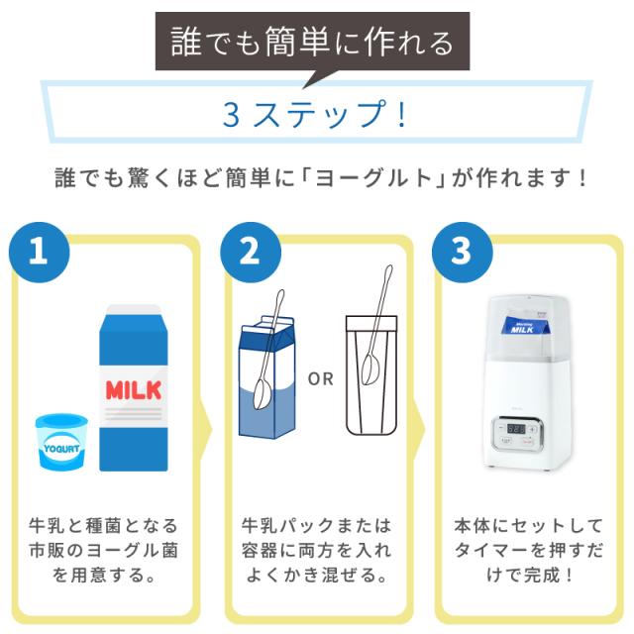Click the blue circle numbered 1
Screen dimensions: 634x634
point(40,252)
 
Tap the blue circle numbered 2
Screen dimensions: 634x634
point(251,252)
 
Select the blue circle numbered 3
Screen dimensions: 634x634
point(463,252)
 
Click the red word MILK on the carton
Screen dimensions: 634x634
point(134,390)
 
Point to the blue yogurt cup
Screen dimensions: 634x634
point(61,442)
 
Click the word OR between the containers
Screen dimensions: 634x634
point(321,379)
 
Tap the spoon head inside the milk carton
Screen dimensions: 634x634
point(263,394)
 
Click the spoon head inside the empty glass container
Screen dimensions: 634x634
point(370,369)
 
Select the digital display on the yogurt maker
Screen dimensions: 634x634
point(516,429)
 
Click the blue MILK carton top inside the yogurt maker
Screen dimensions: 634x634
point(524,326)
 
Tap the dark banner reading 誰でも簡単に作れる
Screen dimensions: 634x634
point(313,43)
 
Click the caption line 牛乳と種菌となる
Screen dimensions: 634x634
point(103,526)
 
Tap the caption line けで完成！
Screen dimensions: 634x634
point(529,575)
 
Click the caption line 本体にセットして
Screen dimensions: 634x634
point(528,526)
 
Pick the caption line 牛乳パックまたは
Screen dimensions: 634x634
point(317,526)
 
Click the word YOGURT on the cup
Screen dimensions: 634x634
point(61,449)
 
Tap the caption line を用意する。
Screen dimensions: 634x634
point(103,575)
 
